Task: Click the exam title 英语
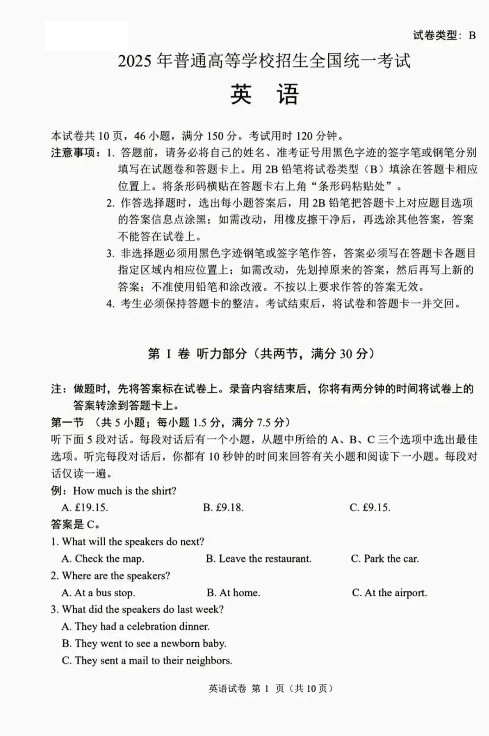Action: point(264,94)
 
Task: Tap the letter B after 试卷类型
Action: point(472,35)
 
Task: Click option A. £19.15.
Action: point(85,507)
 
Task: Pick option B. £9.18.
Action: point(223,507)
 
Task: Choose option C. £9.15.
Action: point(370,507)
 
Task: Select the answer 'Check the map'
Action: point(103,559)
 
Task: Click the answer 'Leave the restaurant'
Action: point(259,559)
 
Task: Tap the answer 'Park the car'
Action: point(385,559)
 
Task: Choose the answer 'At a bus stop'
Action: point(98,592)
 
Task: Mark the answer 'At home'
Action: point(233,592)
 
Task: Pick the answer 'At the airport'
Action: point(389,592)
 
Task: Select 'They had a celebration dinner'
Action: point(136,626)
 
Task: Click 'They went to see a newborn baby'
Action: point(144,643)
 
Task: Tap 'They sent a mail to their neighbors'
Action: point(147,660)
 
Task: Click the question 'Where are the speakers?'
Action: point(111,575)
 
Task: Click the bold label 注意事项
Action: point(73,153)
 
